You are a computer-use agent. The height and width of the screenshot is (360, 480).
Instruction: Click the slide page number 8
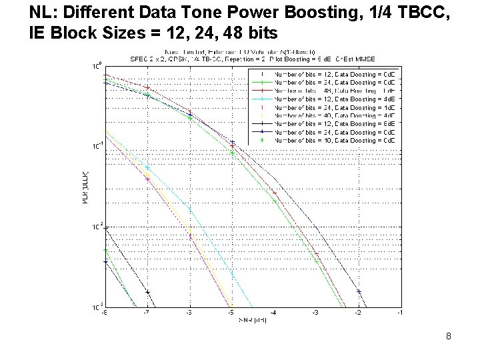coord(449,337)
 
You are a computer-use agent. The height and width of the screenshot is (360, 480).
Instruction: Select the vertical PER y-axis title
coord(85,187)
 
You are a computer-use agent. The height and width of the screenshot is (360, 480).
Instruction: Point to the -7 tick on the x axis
coord(147,312)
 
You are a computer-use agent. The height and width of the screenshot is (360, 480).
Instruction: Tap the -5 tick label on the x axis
coord(231,312)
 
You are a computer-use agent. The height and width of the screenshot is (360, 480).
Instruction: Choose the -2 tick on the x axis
coord(358,312)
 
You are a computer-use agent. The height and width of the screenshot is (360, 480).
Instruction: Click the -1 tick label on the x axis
coord(400,312)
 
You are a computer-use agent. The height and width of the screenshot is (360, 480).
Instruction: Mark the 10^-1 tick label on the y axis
coord(95,145)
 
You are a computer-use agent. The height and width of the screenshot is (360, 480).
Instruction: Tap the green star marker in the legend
coord(262,141)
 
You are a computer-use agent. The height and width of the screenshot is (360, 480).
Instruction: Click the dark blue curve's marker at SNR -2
coord(359,291)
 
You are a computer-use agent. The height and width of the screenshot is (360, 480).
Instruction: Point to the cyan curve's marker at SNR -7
coord(147,167)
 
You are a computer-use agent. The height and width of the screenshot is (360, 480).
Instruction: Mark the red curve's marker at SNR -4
coord(274,193)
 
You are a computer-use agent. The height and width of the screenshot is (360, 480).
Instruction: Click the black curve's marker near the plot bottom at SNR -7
coord(147,292)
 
